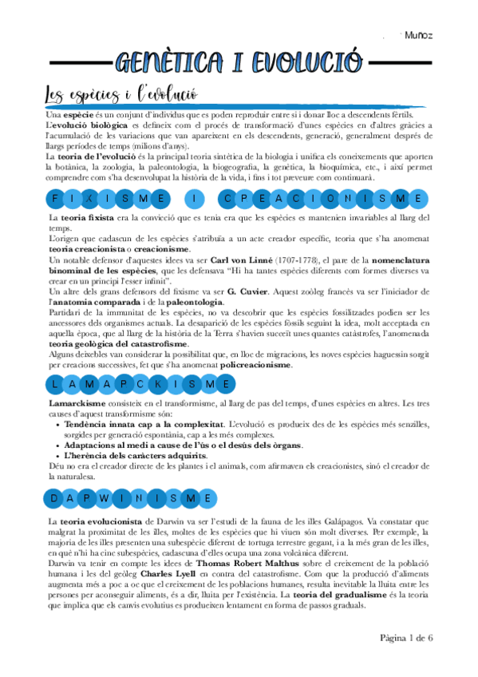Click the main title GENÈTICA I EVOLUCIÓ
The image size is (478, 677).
(239, 62)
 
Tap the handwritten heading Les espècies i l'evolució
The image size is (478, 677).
(120, 95)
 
